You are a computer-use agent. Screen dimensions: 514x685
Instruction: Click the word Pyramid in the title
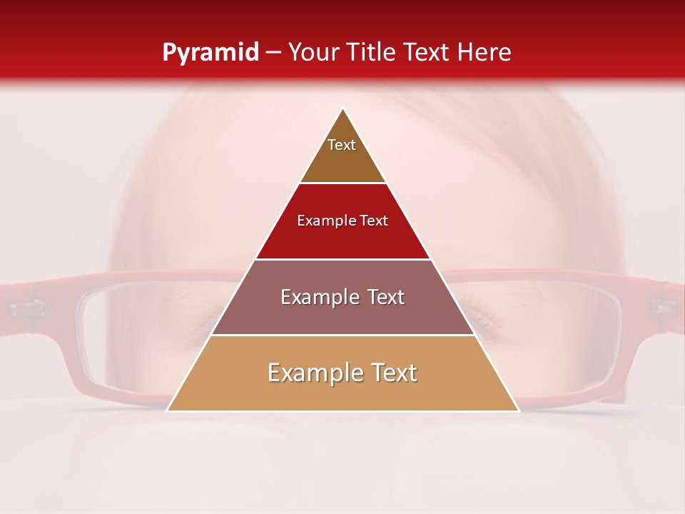pos(210,53)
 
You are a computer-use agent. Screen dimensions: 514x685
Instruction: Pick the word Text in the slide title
pos(428,52)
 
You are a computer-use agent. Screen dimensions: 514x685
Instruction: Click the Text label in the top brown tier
pos(342,145)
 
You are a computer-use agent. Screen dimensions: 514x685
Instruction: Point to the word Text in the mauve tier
pos(386,297)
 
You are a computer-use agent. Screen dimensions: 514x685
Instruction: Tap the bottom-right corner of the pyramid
pos(518,410)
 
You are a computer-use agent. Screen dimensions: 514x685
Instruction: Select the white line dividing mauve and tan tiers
pos(342,335)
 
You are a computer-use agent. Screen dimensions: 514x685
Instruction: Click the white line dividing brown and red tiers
pos(342,183)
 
